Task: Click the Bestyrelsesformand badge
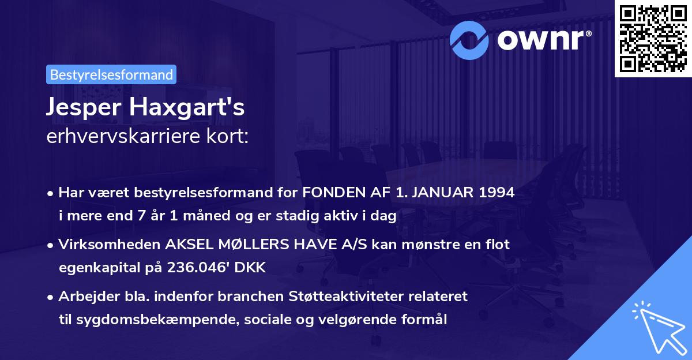(x=111, y=74)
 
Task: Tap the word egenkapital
(x=96, y=267)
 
